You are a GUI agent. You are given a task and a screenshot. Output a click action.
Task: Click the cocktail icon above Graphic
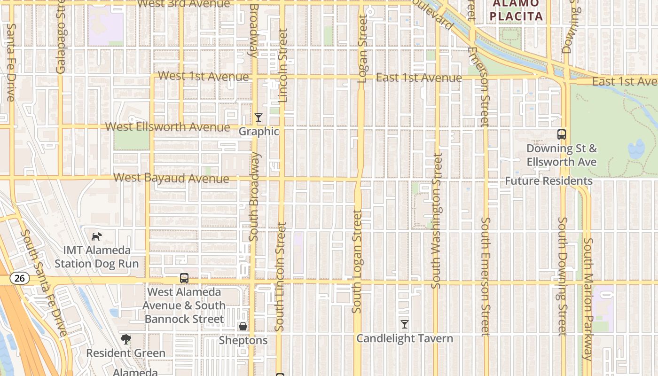pos(258,117)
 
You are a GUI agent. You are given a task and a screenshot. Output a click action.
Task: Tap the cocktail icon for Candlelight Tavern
pos(404,324)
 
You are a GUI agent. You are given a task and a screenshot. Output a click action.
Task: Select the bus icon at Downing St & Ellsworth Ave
pos(562,134)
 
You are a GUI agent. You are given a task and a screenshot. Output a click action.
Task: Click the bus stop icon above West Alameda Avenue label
pos(184,278)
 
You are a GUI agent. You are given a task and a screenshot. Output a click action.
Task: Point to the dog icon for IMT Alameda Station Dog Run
pos(96,236)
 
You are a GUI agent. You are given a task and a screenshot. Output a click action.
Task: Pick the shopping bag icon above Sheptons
pos(243,326)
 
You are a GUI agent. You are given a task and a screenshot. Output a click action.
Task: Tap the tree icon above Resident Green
pos(125,339)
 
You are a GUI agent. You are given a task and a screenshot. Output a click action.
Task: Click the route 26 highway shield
pos(19,278)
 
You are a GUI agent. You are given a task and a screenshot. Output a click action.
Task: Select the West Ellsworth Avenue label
pos(168,127)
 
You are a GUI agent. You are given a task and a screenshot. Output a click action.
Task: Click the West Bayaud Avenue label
pos(172,178)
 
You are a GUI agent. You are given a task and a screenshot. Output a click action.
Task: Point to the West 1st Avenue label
pos(204,76)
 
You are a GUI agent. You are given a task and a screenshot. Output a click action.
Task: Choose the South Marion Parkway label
pos(588,299)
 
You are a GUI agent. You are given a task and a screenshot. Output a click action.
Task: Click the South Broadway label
pos(254,196)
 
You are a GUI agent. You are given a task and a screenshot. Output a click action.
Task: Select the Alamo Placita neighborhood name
pos(516,10)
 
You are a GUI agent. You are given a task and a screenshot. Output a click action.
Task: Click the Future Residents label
pos(548,181)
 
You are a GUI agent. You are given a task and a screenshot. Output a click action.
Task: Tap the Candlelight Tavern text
pos(405,338)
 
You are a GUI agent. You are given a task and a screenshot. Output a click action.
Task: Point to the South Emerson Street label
pos(486,276)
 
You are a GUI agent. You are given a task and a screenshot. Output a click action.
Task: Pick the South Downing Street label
pos(562,276)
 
